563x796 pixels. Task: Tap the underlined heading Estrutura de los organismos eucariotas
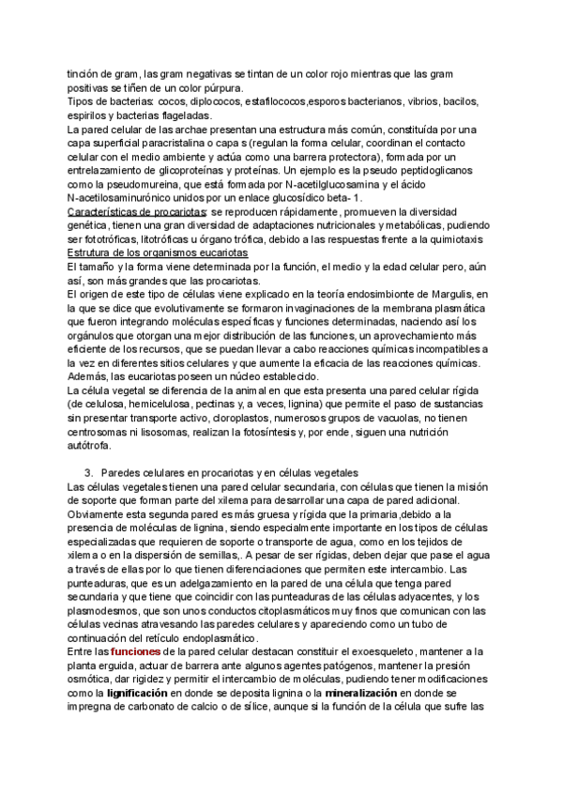[x=158, y=253]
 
